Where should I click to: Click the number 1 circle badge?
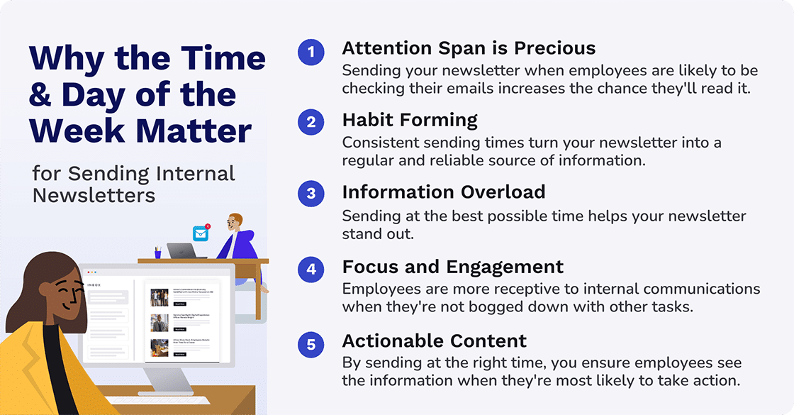coord(311,52)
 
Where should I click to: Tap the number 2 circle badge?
coord(311,122)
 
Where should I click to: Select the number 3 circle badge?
coord(311,194)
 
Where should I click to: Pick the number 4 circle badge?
coord(311,270)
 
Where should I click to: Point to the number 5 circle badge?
coord(311,345)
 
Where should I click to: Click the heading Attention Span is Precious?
coord(469,48)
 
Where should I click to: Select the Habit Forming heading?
coord(410,120)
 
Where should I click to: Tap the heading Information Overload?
coord(444,192)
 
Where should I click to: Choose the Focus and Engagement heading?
coord(453,267)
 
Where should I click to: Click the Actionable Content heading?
coord(435,342)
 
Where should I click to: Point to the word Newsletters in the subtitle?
coord(94,195)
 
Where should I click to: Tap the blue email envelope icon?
coord(201,233)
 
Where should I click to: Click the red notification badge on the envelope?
coord(208,226)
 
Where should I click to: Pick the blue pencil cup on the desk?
coord(157,253)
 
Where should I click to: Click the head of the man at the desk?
coord(235,225)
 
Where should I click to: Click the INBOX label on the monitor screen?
coord(94,285)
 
